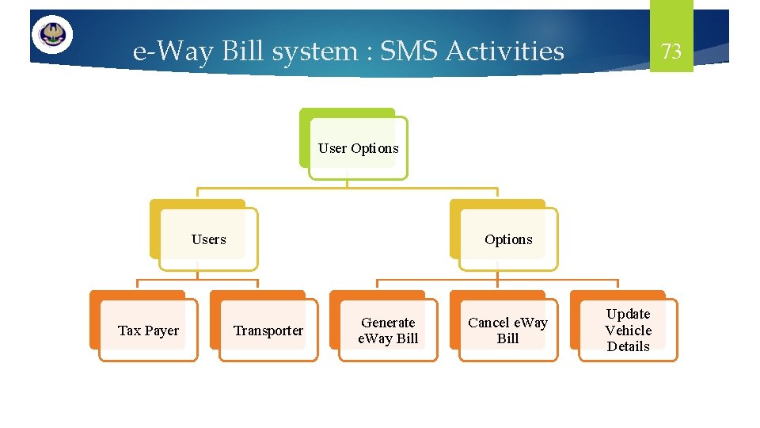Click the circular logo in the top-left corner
(52, 35)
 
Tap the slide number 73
(671, 52)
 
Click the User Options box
(358, 148)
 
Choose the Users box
(208, 239)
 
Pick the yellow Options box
(508, 239)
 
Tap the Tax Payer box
(148, 331)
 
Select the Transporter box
(268, 331)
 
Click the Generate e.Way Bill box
(388, 331)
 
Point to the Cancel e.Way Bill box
(508, 331)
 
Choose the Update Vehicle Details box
(628, 331)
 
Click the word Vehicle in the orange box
(628, 331)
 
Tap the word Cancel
(488, 323)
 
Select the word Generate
(388, 323)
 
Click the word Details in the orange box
(628, 346)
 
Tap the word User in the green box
(332, 148)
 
